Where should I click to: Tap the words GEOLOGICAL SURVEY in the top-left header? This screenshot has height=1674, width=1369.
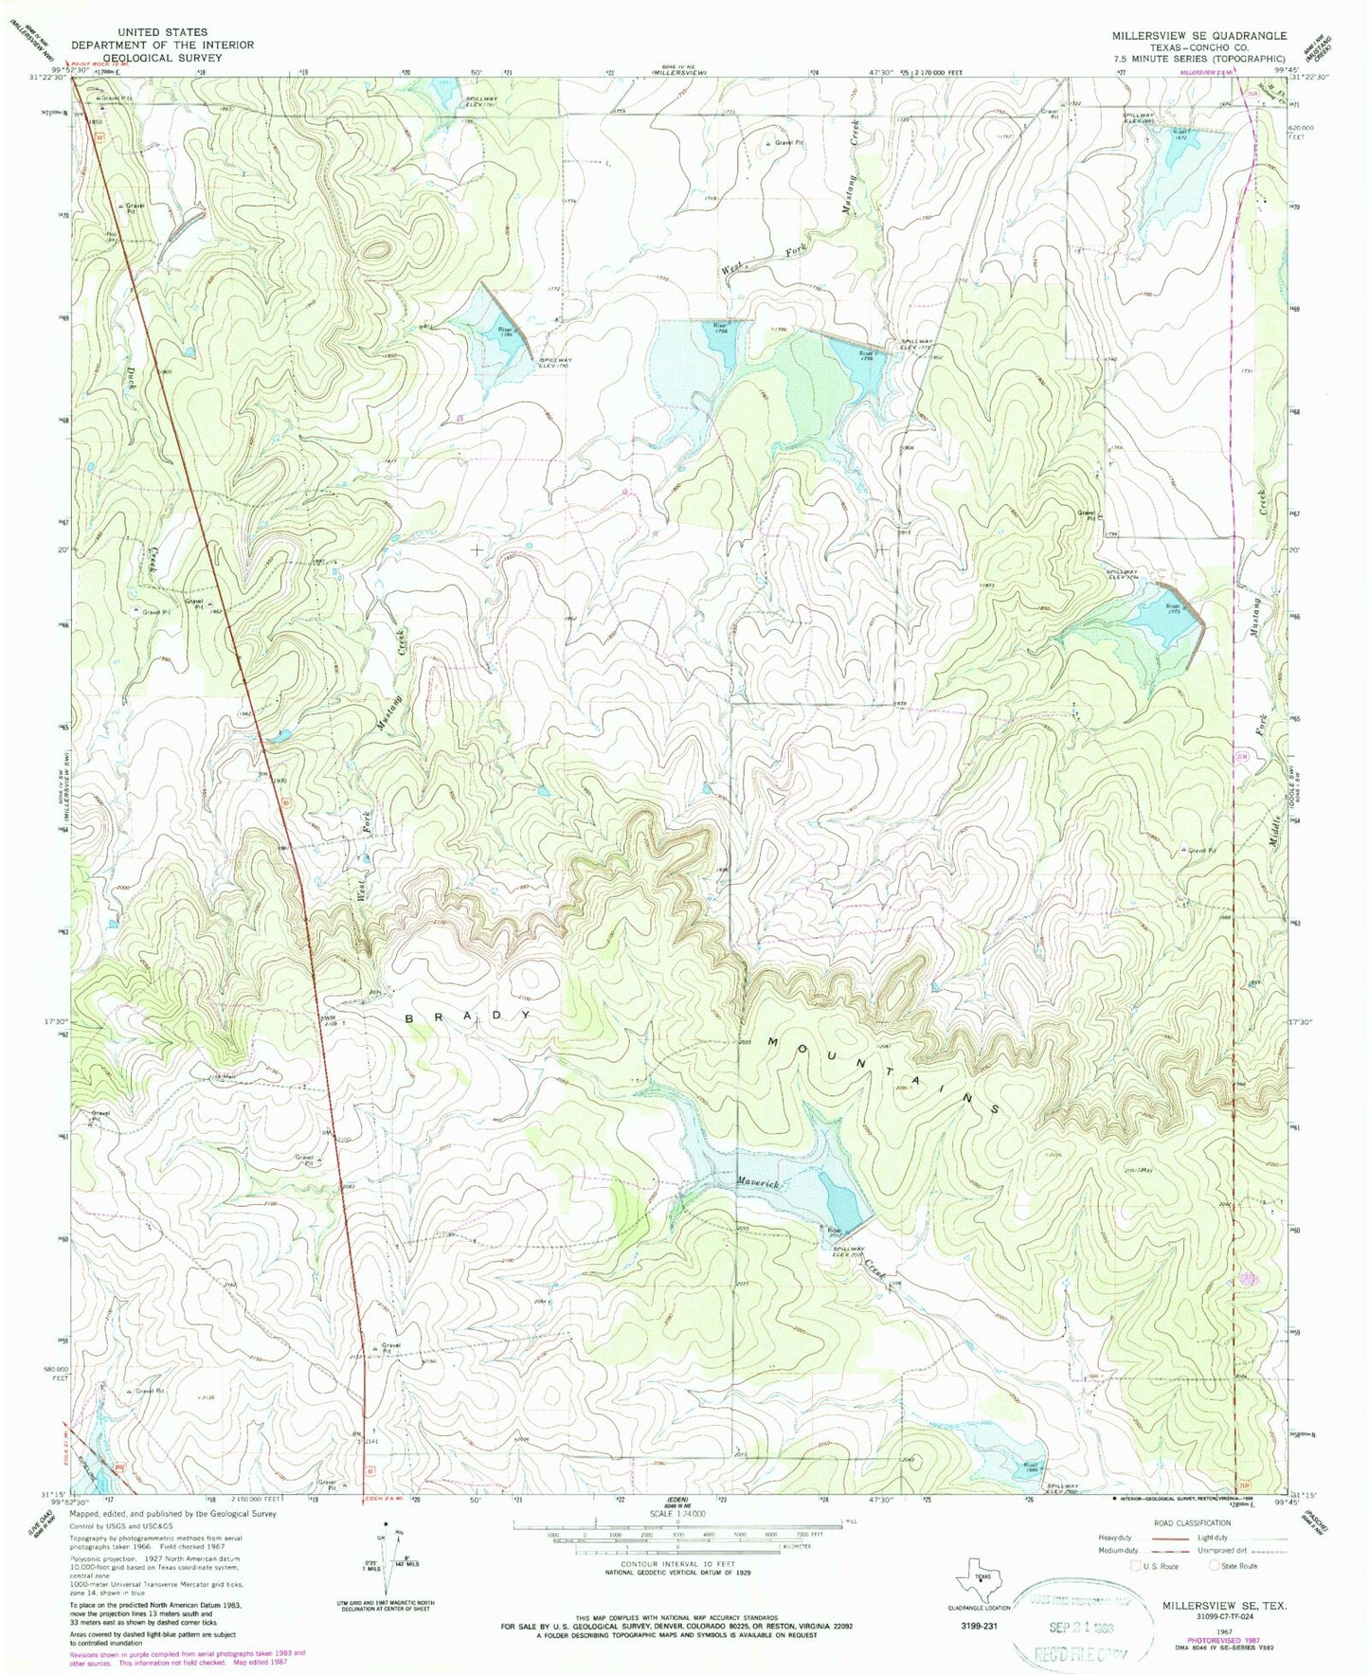tap(162, 58)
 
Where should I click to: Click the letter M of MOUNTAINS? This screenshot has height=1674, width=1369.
tap(772, 1042)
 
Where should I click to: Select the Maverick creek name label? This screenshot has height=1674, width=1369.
tap(758, 1183)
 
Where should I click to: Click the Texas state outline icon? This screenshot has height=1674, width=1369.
tap(977, 1577)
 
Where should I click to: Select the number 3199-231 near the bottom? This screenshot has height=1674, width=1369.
tap(970, 1624)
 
